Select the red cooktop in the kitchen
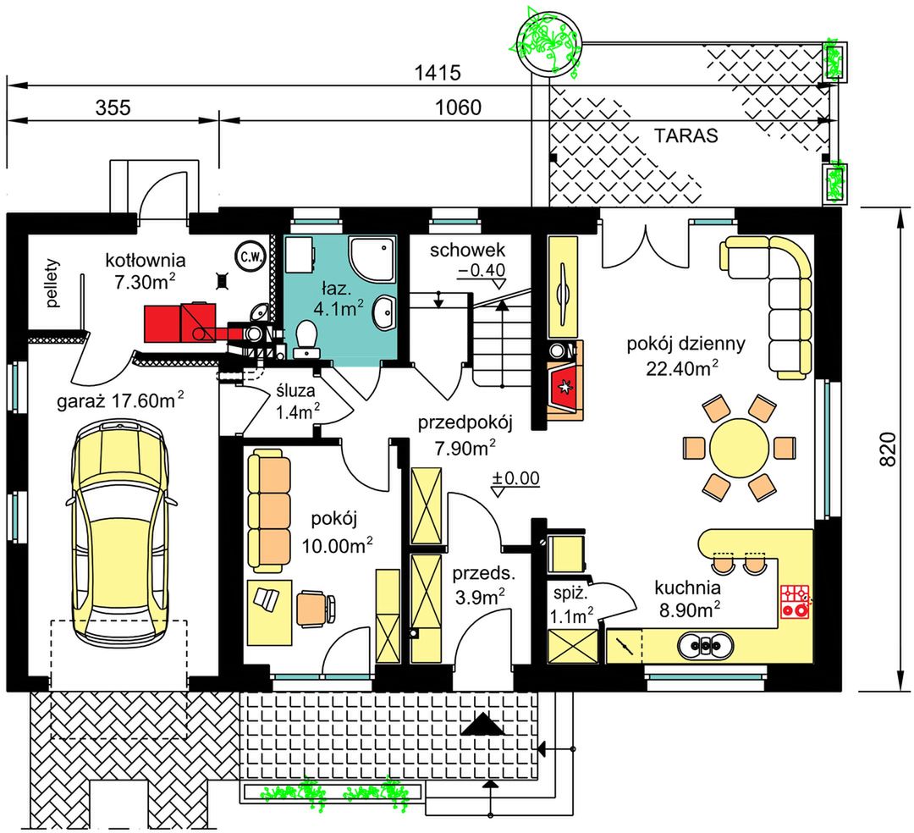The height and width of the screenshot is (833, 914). click(x=795, y=601)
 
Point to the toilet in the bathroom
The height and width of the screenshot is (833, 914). click(x=306, y=339)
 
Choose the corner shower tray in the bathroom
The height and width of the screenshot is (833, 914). click(x=372, y=259)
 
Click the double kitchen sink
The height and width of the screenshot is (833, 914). click(x=705, y=646)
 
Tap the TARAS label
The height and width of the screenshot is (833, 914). click(x=685, y=135)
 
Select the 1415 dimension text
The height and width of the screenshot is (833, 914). click(x=438, y=73)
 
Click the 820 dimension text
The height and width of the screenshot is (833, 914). click(x=887, y=449)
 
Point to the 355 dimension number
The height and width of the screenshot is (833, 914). click(x=113, y=108)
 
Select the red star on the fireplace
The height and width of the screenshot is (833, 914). click(x=564, y=386)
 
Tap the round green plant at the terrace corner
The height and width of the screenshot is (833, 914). click(x=548, y=41)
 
